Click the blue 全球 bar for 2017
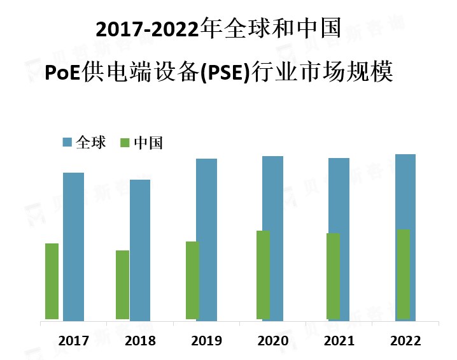click(74, 246)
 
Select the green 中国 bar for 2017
click(52, 281)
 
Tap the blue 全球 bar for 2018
click(140, 250)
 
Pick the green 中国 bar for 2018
click(122, 284)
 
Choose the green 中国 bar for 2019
click(192, 280)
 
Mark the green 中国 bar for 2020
click(262, 275)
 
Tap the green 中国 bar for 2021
click(333, 276)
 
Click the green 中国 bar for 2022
click(403, 274)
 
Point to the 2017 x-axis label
click(73, 341)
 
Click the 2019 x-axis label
click(206, 341)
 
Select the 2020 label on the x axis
click(273, 341)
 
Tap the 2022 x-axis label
click(406, 341)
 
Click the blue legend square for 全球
click(67, 142)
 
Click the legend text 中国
click(148, 143)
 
